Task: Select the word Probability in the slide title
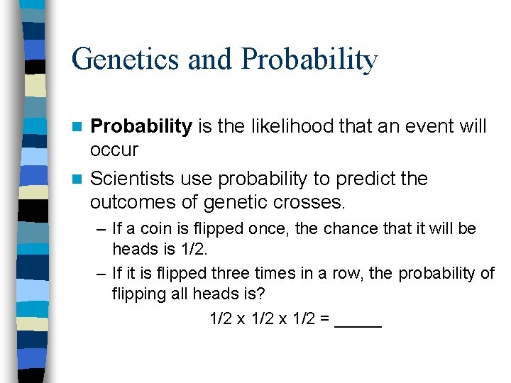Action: pos(309,60)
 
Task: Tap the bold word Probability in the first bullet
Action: pos(141,127)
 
